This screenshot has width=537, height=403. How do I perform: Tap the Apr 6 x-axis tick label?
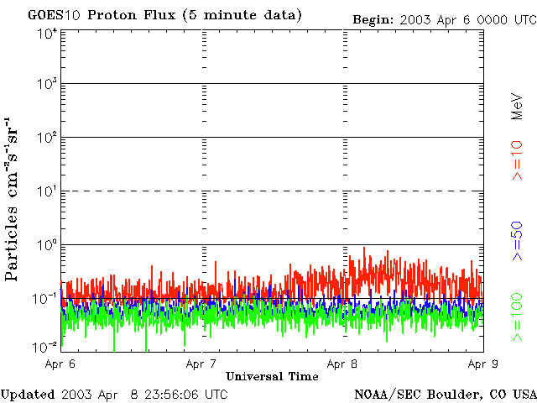60,364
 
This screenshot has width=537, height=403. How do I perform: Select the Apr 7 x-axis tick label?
201,364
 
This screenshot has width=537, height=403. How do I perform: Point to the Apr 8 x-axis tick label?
342,364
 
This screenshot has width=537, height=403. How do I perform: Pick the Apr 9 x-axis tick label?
483,364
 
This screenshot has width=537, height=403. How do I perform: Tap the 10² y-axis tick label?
47,139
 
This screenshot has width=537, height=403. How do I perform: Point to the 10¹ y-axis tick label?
47,192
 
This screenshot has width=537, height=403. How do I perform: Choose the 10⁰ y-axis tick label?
47,246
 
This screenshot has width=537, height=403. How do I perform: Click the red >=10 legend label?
517,160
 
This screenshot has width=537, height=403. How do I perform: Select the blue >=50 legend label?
517,241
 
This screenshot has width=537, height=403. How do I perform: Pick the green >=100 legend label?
517,317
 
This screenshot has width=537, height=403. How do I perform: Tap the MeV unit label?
517,107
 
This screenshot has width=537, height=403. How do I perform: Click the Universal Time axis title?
272,377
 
